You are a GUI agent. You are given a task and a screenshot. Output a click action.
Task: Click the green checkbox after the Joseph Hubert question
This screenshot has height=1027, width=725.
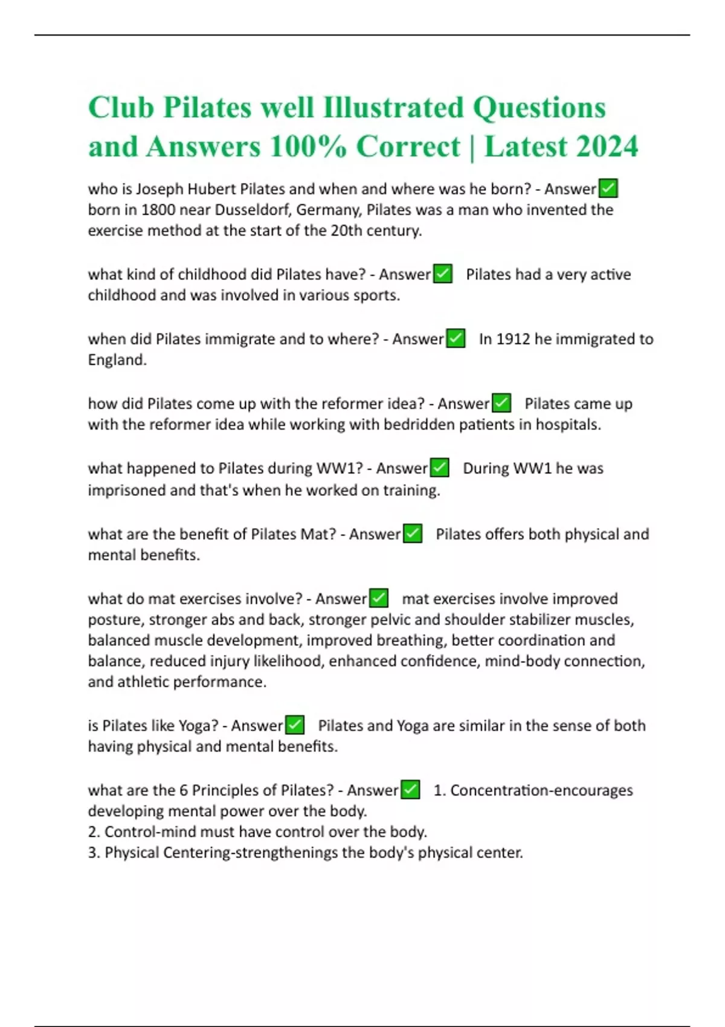click(608, 189)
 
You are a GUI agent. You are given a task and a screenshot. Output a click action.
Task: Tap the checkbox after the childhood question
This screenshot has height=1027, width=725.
click(443, 274)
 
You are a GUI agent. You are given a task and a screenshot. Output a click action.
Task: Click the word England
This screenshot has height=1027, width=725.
click(117, 360)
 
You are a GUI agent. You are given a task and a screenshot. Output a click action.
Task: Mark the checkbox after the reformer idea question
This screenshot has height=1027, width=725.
click(501, 403)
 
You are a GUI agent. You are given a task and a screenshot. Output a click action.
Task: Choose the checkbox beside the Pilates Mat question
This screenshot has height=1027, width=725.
click(412, 534)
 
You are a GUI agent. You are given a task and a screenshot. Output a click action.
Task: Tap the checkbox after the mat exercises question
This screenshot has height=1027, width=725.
click(378, 599)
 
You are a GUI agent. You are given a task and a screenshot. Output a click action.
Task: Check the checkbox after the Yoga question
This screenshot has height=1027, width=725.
click(294, 725)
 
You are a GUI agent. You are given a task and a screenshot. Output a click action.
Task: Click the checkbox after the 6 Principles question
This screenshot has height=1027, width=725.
click(410, 790)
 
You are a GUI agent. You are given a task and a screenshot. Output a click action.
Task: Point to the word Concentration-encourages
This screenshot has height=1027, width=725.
click(541, 790)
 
